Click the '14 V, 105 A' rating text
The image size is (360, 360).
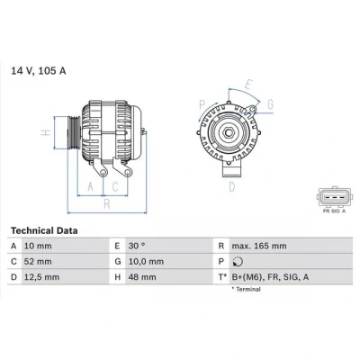pos(39,71)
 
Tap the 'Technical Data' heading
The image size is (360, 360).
pos(44,230)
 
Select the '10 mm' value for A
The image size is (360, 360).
pos(38,246)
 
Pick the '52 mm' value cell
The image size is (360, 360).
pos(38,262)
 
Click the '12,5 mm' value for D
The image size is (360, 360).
pos(41,277)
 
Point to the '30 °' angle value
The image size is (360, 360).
pos(137,246)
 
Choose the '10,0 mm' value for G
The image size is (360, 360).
pos(146,262)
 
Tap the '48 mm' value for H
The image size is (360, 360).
pos(142,277)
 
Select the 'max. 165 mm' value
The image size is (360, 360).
pos(259,246)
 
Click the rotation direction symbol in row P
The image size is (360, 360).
pos(238,262)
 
